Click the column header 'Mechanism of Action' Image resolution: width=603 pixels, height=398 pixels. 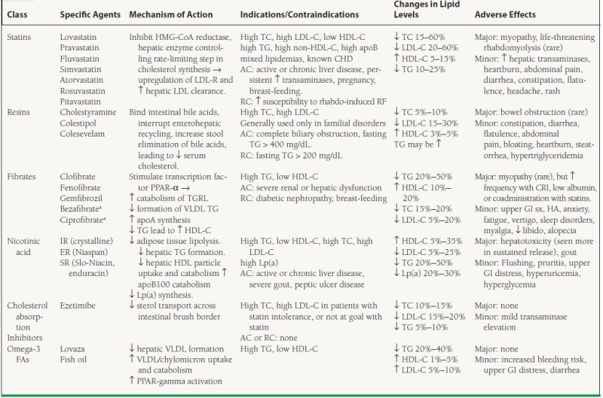point(171,14)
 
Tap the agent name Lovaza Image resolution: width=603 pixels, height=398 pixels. point(74,349)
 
